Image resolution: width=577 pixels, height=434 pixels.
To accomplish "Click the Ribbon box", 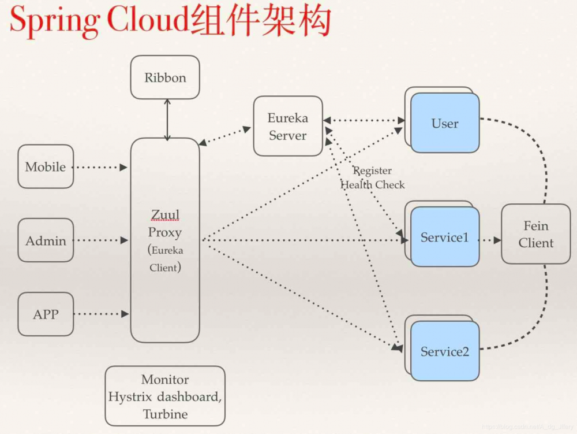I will (165, 77).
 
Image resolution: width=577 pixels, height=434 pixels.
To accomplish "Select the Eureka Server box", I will (288, 126).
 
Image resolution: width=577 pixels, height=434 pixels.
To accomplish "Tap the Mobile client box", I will (46, 166).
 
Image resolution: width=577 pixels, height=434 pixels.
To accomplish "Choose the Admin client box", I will (46, 240).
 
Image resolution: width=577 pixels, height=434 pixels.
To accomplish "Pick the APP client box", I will (46, 314).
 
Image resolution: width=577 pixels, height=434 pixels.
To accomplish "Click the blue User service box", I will (445, 123).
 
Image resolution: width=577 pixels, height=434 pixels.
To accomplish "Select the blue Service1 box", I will (445, 237).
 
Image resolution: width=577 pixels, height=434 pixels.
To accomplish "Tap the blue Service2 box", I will (445, 351).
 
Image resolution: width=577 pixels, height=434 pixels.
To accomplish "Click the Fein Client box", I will (535, 234).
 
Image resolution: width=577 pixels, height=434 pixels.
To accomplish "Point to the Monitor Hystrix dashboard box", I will (165, 396).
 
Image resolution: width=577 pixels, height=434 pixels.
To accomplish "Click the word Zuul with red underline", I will (165, 216).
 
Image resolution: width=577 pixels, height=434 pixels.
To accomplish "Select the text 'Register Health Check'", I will (373, 178).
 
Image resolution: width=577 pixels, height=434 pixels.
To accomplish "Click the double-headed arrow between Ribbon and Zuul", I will (167, 120).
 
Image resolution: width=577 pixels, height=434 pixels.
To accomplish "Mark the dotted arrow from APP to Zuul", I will (101, 314).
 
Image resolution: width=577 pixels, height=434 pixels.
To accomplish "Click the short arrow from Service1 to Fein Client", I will (490, 239).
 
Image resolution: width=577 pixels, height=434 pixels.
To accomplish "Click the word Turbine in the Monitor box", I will (165, 414).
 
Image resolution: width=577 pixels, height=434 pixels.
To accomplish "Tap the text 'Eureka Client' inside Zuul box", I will (166, 259).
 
